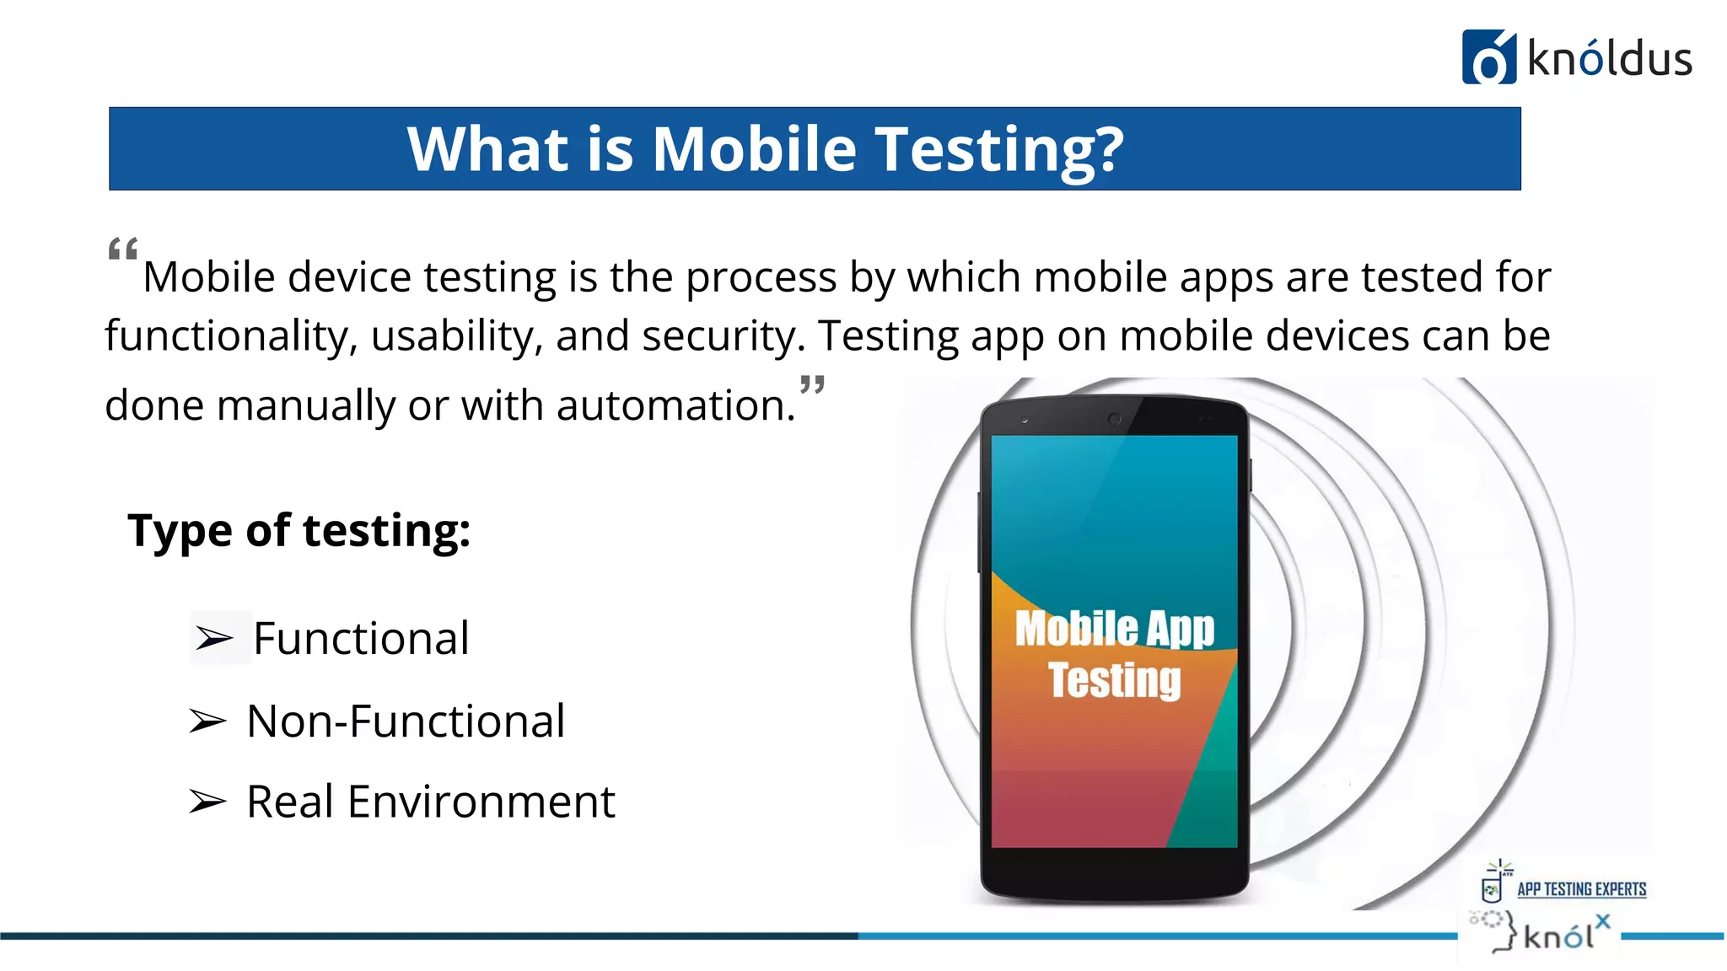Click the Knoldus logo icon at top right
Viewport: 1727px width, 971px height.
[x=1488, y=57]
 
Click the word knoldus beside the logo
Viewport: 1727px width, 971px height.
[x=1609, y=59]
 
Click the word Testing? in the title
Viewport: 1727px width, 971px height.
[x=998, y=150]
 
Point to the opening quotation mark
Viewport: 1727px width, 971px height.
[x=123, y=250]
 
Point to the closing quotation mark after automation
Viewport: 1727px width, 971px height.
[x=812, y=386]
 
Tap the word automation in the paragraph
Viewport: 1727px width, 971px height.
[x=675, y=405]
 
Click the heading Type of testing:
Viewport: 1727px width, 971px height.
[x=299, y=531]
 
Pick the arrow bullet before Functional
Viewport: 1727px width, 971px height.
[x=213, y=639]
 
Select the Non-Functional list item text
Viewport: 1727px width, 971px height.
[x=406, y=722]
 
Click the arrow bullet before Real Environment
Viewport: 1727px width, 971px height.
[x=207, y=801]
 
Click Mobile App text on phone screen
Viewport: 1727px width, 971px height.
[x=1114, y=629]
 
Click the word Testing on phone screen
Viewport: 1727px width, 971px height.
[x=1114, y=680]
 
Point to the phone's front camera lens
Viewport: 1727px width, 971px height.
[x=1114, y=419]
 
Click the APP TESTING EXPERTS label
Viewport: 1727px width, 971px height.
[x=1581, y=889]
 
